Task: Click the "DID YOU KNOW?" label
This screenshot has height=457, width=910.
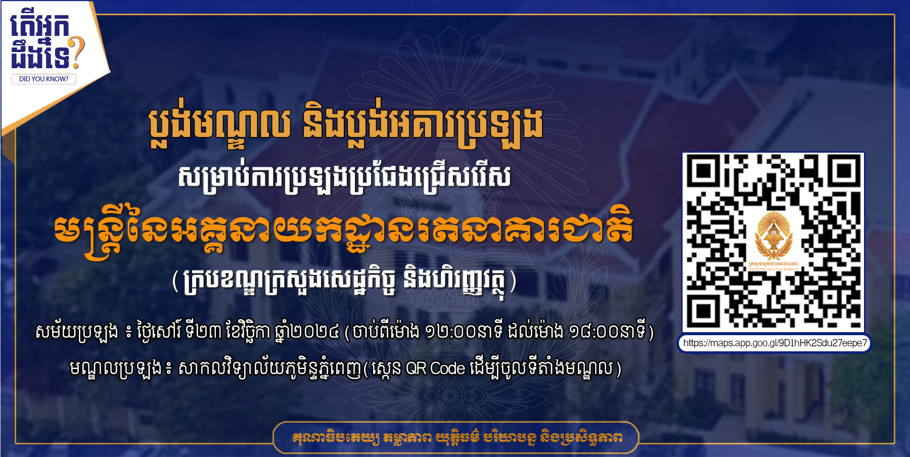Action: click(x=43, y=79)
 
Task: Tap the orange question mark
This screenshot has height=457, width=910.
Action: click(x=77, y=53)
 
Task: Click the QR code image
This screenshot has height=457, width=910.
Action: click(x=773, y=242)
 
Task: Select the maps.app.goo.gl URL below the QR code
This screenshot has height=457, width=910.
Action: click(x=775, y=343)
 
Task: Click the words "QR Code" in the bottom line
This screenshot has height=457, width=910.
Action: click(x=435, y=368)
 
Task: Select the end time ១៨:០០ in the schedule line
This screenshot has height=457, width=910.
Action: click(x=593, y=332)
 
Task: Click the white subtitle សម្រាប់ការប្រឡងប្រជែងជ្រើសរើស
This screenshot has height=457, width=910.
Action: click(x=344, y=177)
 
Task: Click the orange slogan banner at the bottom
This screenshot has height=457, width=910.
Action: click(x=456, y=437)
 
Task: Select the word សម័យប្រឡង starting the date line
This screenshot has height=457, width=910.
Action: click(x=77, y=332)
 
